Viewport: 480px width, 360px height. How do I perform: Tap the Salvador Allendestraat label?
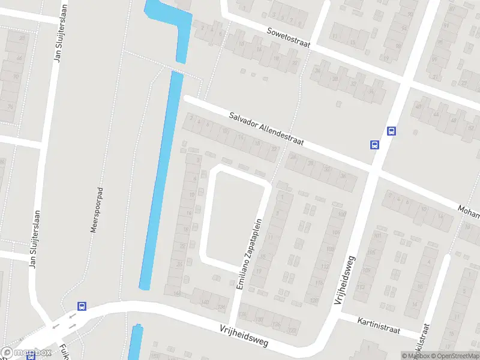pyautogui.click(x=266, y=130)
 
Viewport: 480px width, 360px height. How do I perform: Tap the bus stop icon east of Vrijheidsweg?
pyautogui.click(x=391, y=131)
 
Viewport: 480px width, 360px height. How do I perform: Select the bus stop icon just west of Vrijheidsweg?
pyautogui.click(x=374, y=144)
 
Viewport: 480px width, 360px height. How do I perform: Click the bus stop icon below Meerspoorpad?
pyautogui.click(x=82, y=305)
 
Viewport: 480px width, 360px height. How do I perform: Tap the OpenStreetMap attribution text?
pyautogui.click(x=457, y=356)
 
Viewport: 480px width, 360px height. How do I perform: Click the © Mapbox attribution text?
pyautogui.click(x=416, y=356)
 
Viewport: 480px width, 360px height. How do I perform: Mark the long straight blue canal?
pyautogui.click(x=161, y=180)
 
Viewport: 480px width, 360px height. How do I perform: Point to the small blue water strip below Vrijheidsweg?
pyautogui.click(x=136, y=342)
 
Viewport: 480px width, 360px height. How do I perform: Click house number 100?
pyautogui.click(x=341, y=214)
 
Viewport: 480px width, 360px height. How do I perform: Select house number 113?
pyautogui.click(x=361, y=287)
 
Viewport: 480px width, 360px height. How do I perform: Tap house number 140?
pyautogui.click(x=205, y=301)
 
